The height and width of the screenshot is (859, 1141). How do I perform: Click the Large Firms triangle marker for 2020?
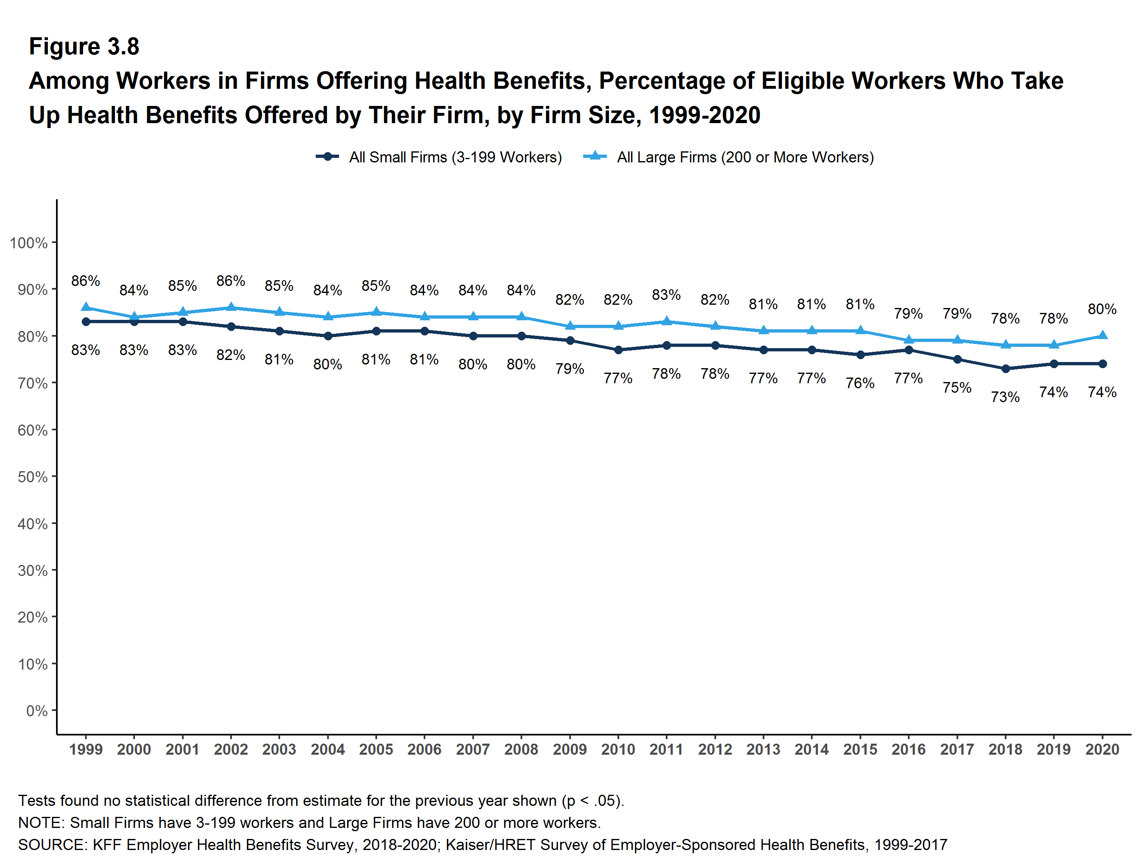pyautogui.click(x=1102, y=335)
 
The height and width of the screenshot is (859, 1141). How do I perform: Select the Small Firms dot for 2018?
pyautogui.click(x=1005, y=369)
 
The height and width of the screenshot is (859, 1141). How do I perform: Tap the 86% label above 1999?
pyautogui.click(x=85, y=281)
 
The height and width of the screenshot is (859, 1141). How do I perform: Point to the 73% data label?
pyautogui.click(x=1005, y=397)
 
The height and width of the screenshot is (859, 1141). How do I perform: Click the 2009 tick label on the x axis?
pyautogui.click(x=569, y=749)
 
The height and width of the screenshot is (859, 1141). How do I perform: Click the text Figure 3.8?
pyautogui.click(x=84, y=47)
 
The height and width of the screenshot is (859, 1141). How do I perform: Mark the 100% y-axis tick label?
pyautogui.click(x=29, y=243)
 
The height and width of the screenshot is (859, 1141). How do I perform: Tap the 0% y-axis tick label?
pyautogui.click(x=37, y=711)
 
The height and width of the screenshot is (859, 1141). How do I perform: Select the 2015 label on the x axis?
pyautogui.click(x=860, y=749)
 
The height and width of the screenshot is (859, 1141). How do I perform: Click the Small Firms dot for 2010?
pyautogui.click(x=618, y=350)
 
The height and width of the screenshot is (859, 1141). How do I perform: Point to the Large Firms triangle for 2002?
pyautogui.click(x=231, y=308)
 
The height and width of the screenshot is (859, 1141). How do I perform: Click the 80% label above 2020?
pyautogui.click(x=1102, y=309)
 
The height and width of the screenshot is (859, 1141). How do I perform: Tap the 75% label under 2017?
pyautogui.click(x=957, y=387)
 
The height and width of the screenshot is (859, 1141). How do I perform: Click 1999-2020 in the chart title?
pyautogui.click(x=705, y=115)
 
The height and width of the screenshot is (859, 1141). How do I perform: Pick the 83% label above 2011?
pyautogui.click(x=666, y=295)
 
